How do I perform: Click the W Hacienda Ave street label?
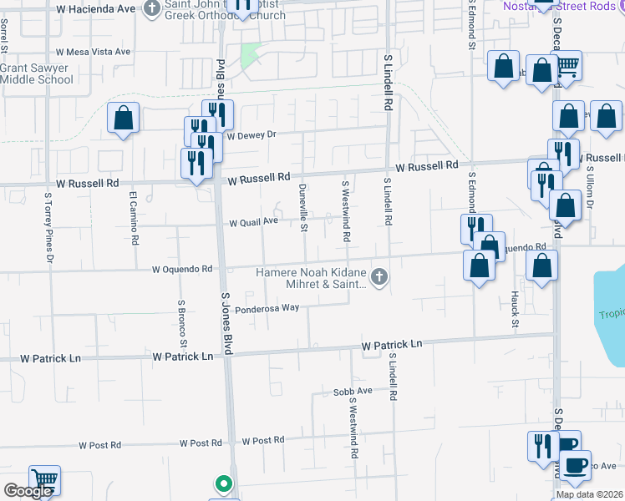click(96, 8)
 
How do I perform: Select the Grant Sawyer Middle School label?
click(36, 73)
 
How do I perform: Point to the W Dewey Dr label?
click(251, 134)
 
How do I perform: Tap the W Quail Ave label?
click(253, 222)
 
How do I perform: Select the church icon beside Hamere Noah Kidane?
click(379, 276)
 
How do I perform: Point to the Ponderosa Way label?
click(267, 308)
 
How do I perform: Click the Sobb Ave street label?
click(352, 391)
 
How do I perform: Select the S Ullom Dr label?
click(590, 192)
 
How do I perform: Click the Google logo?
click(28, 491)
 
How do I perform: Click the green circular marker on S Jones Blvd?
click(223, 483)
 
